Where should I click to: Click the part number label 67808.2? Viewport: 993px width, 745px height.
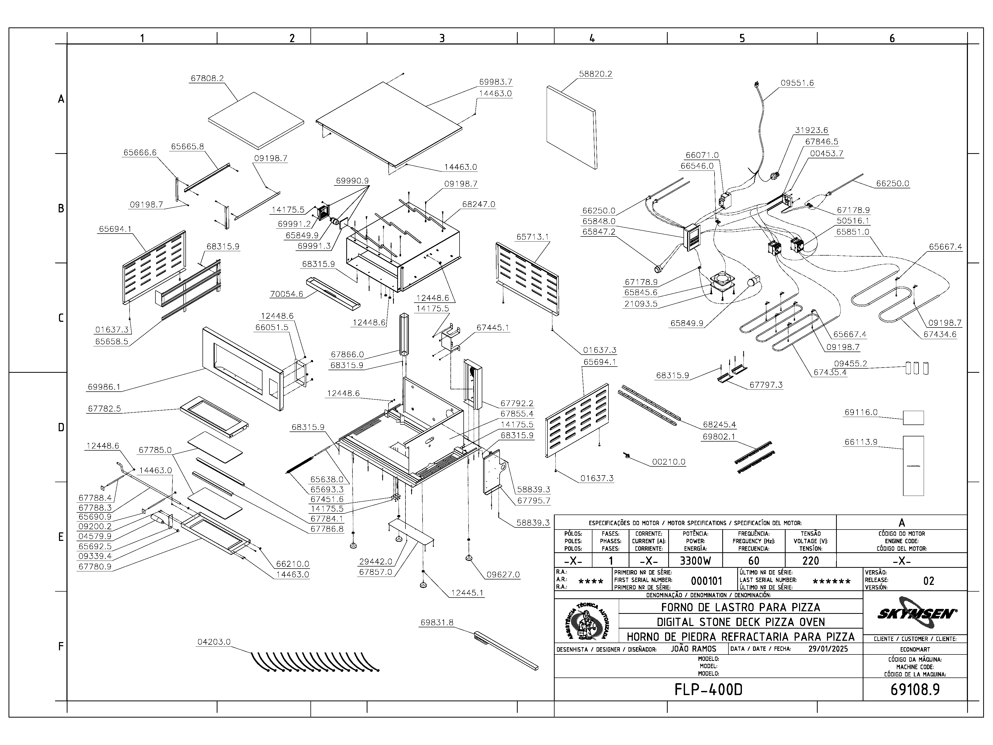click(207, 78)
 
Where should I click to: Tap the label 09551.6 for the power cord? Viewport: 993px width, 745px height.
click(797, 83)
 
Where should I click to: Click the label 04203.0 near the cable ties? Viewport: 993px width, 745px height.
click(214, 642)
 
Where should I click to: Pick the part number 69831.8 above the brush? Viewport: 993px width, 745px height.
click(437, 622)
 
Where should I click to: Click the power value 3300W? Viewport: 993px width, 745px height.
click(695, 561)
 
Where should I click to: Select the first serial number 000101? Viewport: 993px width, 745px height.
click(706, 581)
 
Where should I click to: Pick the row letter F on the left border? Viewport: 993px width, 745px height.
click(61, 647)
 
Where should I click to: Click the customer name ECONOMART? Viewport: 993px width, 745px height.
click(915, 649)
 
